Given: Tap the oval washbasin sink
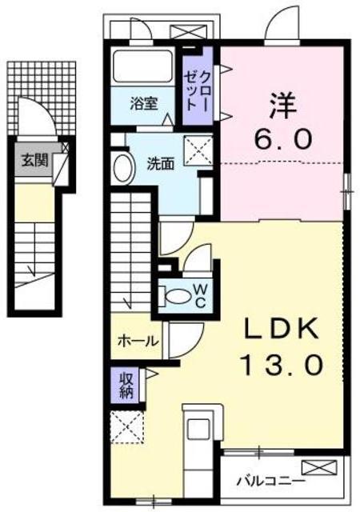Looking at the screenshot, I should [122, 168].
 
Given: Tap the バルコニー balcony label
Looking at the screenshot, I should [270, 482].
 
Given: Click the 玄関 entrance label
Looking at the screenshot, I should [34, 160].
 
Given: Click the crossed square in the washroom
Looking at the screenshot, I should [195, 150].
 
